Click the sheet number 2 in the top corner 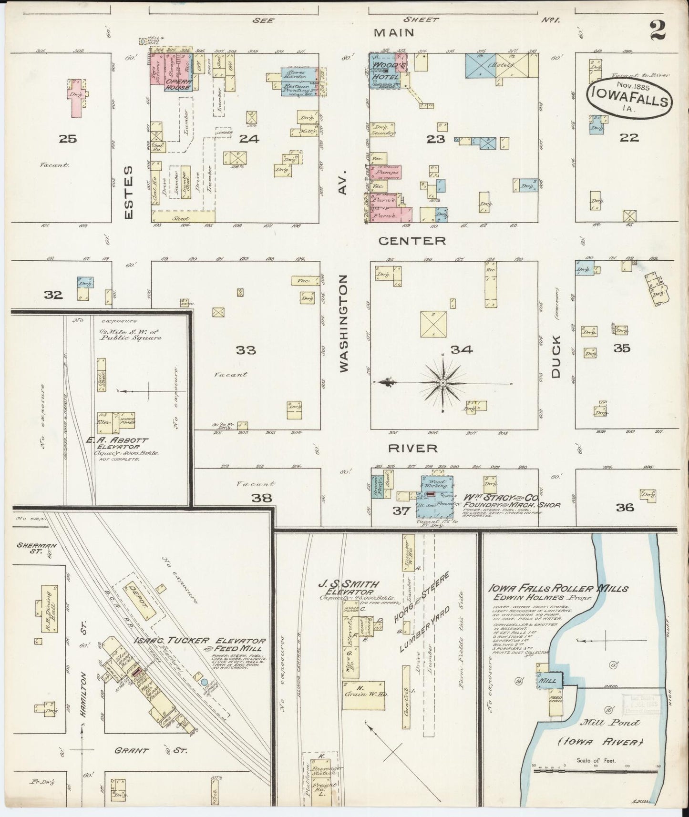pos(658,32)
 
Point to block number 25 pos(68,139)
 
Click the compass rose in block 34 pos(443,383)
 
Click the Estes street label pos(128,192)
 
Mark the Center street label pos(412,241)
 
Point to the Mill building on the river pos(550,681)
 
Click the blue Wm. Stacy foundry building pos(435,498)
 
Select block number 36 pos(625,507)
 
